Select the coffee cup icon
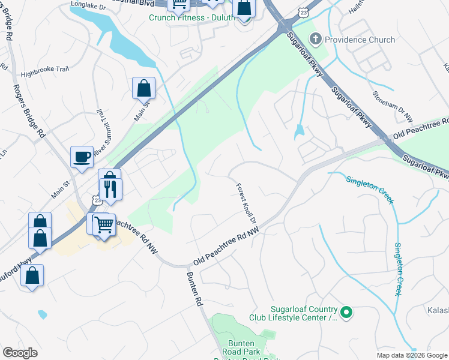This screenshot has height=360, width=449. click(x=82, y=158)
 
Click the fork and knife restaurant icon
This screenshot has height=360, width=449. click(x=110, y=189)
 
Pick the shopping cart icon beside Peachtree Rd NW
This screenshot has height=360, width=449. click(x=104, y=226)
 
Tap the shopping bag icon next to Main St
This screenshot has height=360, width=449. click(x=144, y=89)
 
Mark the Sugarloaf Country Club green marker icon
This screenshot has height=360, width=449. click(x=346, y=312)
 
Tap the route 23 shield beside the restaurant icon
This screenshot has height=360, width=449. click(x=97, y=200)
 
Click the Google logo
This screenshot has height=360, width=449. click(x=20, y=353)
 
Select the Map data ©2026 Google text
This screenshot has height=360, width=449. click(x=412, y=355)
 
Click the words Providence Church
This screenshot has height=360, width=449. click(x=360, y=40)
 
